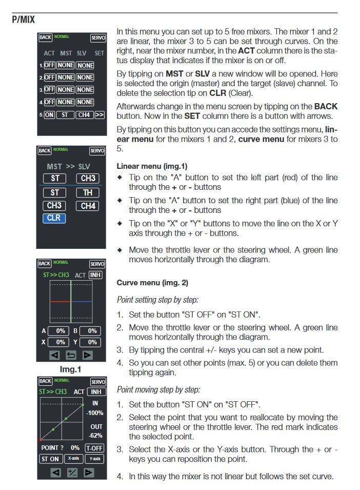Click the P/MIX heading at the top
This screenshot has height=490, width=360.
[x=23, y=20]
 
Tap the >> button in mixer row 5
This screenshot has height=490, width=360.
[x=99, y=115]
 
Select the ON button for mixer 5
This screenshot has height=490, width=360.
[x=49, y=115]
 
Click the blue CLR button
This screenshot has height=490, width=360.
[x=54, y=218]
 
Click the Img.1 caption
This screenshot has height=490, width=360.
[x=71, y=369]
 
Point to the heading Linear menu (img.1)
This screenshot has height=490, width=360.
[x=152, y=166]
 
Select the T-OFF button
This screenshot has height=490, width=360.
[x=94, y=448]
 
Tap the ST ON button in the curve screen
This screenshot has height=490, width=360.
[x=50, y=459]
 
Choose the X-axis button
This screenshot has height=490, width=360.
[x=74, y=459]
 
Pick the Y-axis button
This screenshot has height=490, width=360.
[x=94, y=459]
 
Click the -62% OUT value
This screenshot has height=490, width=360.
[x=95, y=436]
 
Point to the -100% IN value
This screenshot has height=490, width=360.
[x=95, y=413]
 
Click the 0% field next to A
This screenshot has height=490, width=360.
[x=61, y=331]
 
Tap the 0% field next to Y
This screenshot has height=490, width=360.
[x=92, y=342]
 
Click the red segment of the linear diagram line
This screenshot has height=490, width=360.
[x=60, y=302]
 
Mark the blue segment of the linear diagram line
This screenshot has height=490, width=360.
[x=82, y=302]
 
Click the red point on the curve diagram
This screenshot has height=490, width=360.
[x=41, y=440]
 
